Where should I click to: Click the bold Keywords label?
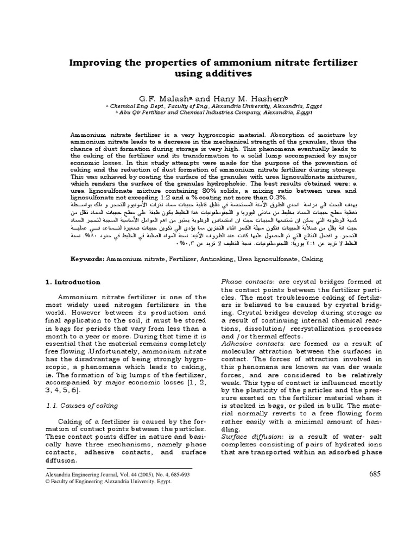click(88, 259)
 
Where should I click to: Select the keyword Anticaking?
click(213, 259)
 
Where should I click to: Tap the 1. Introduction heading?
click(72, 282)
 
